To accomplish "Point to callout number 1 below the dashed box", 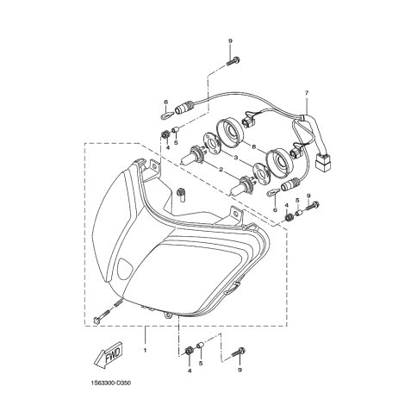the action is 145,350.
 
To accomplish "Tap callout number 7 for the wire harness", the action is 307,93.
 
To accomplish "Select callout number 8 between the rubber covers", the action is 253,146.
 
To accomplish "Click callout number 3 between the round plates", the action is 235,158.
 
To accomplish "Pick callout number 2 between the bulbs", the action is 221,170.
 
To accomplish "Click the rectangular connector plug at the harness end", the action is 323,161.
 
